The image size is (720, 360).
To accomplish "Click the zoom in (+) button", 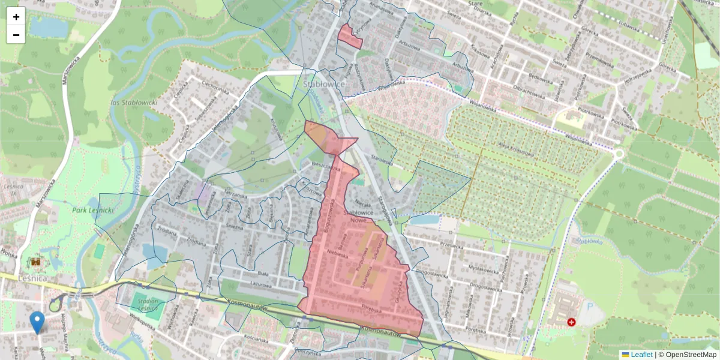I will click(16, 17).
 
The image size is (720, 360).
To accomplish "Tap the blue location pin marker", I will click(37, 322).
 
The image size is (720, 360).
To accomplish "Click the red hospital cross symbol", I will click(571, 322).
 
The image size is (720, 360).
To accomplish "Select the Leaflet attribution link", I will click(641, 355).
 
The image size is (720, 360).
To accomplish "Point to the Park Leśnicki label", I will click(93, 211).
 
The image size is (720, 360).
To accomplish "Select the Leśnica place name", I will click(19, 279).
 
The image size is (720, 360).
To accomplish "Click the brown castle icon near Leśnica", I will click(36, 262).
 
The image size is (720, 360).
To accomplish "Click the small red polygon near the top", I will click(350, 36).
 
